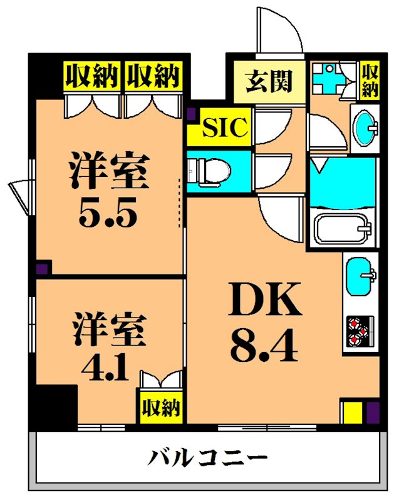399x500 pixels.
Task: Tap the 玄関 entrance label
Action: [x=269, y=82]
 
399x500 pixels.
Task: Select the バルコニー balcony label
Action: [x=207, y=460]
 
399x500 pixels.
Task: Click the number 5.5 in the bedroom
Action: [x=107, y=215]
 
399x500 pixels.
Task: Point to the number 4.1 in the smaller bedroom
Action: [x=105, y=367]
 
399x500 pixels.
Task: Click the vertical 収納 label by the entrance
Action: [x=370, y=81]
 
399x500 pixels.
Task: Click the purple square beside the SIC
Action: [x=192, y=114]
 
